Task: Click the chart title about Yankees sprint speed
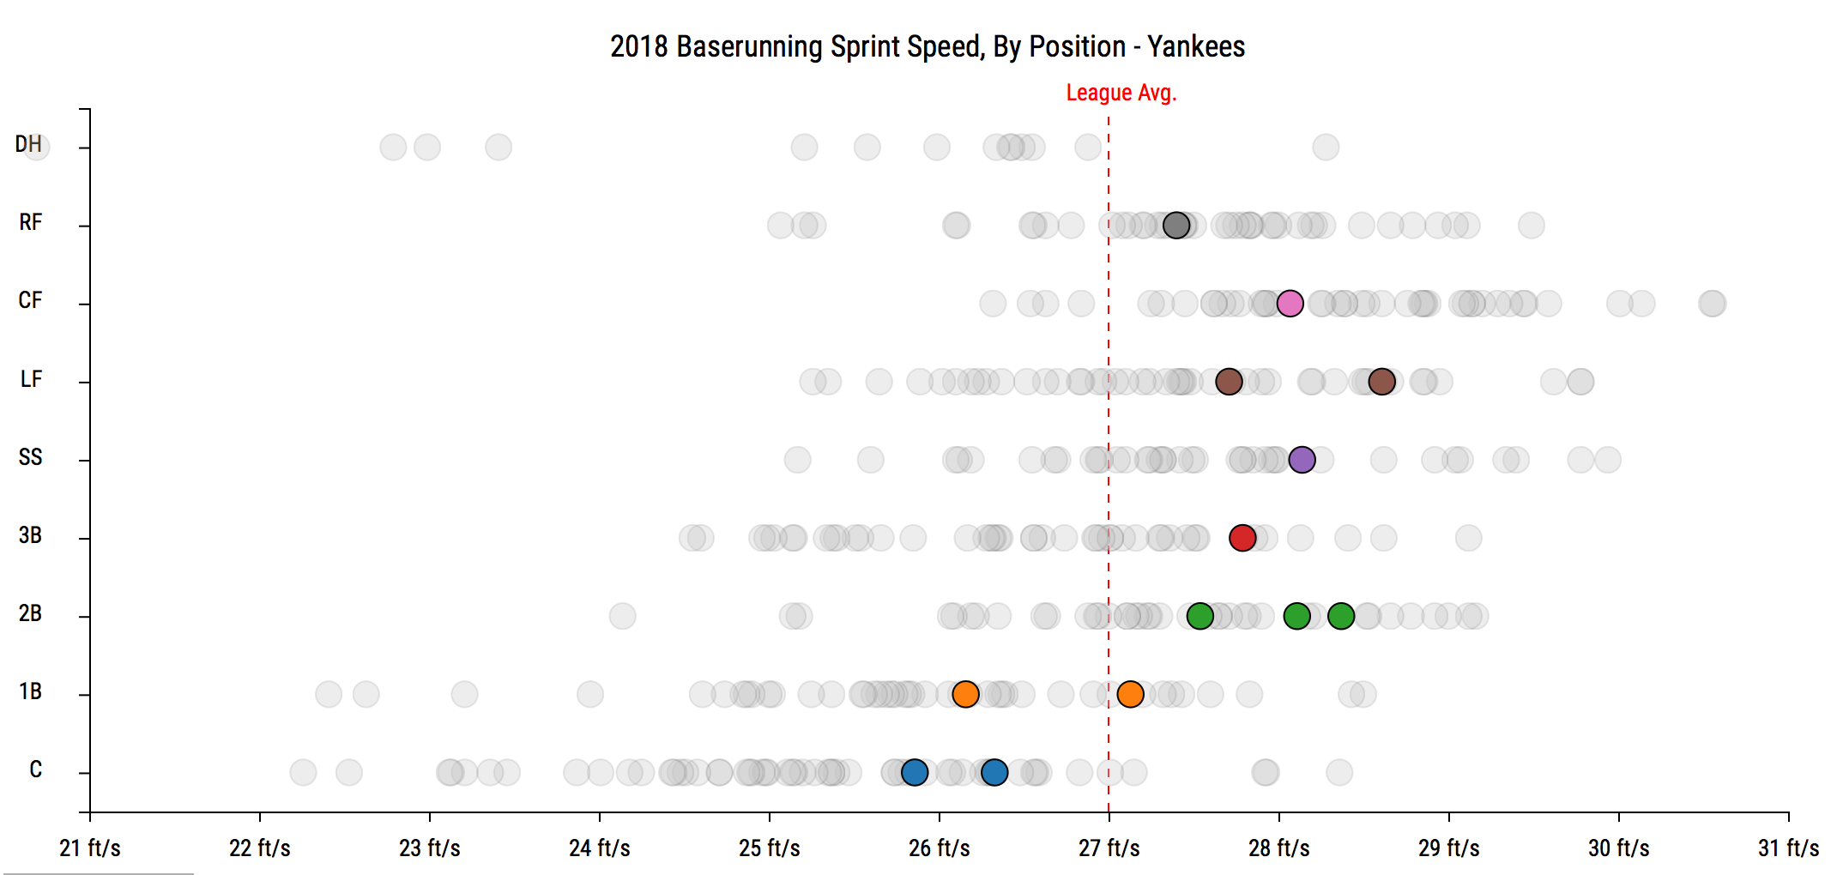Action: click(x=927, y=46)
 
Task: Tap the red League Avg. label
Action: click(x=1121, y=93)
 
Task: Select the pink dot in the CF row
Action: click(x=1290, y=303)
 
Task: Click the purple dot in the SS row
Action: click(x=1302, y=460)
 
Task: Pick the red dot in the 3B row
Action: click(x=1242, y=538)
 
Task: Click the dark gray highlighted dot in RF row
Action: click(x=1176, y=226)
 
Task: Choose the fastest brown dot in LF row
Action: click(x=1381, y=382)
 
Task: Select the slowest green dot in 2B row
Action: click(x=1199, y=616)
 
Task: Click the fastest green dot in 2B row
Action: click(x=1340, y=616)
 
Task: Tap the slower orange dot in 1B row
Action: click(x=965, y=694)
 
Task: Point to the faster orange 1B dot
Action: click(x=1130, y=694)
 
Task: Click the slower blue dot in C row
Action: click(x=915, y=772)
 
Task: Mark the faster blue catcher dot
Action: click(x=994, y=772)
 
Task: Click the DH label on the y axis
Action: click(x=28, y=144)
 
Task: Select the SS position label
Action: click(x=30, y=457)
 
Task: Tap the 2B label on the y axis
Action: click(x=30, y=613)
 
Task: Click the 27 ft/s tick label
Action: click(x=1109, y=848)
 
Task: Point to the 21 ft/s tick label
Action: click(x=90, y=848)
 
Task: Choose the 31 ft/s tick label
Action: click(x=1788, y=848)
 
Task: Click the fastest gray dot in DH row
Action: click(x=1326, y=148)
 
